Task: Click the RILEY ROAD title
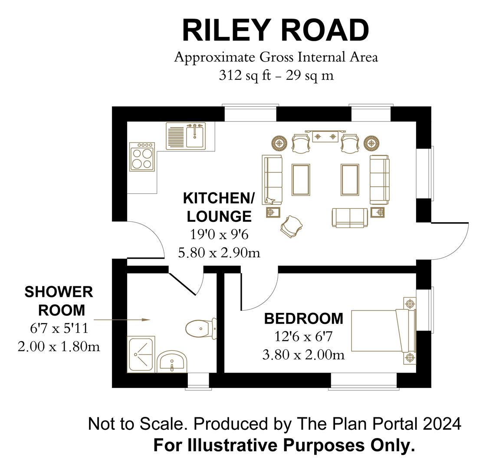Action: (x=275, y=30)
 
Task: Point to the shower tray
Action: (x=141, y=354)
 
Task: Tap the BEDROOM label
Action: (x=303, y=319)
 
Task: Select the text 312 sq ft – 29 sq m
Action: (x=276, y=75)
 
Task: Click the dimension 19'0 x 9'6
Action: (x=219, y=234)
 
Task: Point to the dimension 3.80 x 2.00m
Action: (x=303, y=355)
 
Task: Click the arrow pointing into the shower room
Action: (x=121, y=320)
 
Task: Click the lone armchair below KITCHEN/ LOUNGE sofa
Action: (x=291, y=226)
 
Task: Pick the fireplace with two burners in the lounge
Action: (x=325, y=136)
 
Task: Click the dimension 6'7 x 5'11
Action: (x=59, y=328)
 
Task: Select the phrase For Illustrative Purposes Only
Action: (x=284, y=445)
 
